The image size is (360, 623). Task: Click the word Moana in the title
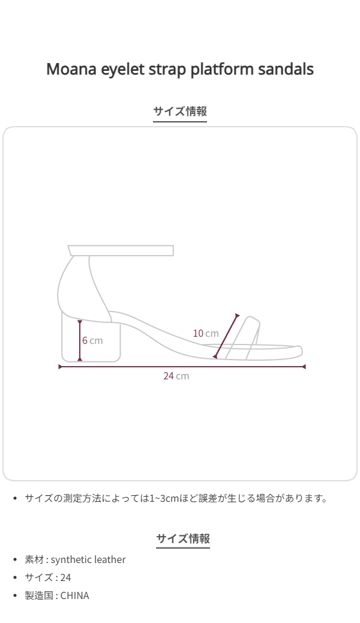[x=71, y=69]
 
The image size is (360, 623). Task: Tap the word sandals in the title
[x=286, y=69]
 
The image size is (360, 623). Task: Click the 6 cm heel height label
[x=92, y=340]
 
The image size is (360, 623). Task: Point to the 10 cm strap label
[x=205, y=333]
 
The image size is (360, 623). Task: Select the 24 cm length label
[x=176, y=376]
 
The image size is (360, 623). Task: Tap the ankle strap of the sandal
[x=121, y=251]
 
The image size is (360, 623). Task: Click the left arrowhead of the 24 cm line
[x=61, y=367]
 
